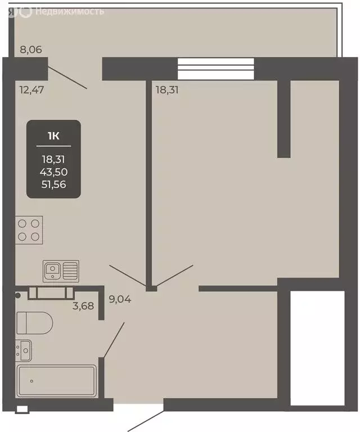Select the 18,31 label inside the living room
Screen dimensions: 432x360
(166, 88)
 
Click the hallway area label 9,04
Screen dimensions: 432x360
(120, 299)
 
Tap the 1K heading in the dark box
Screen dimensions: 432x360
(53, 135)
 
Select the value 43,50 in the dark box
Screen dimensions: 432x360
(53, 171)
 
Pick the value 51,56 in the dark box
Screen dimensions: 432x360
(53, 183)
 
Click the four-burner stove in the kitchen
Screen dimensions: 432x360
(29, 229)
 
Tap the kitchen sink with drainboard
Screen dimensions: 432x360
(61, 271)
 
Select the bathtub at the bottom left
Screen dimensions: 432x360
(56, 381)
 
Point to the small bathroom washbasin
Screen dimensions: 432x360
(24, 351)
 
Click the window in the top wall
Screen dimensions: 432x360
(217, 68)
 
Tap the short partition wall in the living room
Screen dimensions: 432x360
(284, 118)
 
